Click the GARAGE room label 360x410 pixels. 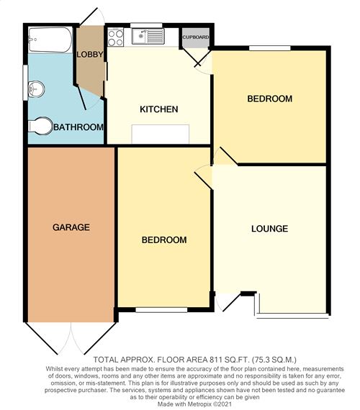tap(71, 227)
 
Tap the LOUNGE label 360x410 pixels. tap(270, 229)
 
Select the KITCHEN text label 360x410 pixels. tap(159, 109)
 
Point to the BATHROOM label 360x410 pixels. tap(78, 127)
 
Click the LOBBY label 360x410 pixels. tap(90, 55)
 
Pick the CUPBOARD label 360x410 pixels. tap(196, 37)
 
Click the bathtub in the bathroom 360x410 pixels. tap(50, 40)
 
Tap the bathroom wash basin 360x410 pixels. tap(36, 89)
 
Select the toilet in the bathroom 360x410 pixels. tap(40, 127)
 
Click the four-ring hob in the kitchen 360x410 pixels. tap(115, 37)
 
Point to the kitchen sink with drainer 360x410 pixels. tap(148, 37)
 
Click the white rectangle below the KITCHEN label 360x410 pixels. tap(161, 134)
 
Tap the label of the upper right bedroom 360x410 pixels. tap(270, 99)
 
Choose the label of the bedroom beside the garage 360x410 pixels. tap(164, 240)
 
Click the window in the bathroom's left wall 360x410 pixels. tap(25, 83)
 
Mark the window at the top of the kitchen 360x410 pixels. tap(146, 25)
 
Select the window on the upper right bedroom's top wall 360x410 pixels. tap(270, 48)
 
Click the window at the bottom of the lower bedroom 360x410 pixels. tap(161, 310)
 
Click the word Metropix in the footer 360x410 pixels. tap(200, 404)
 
